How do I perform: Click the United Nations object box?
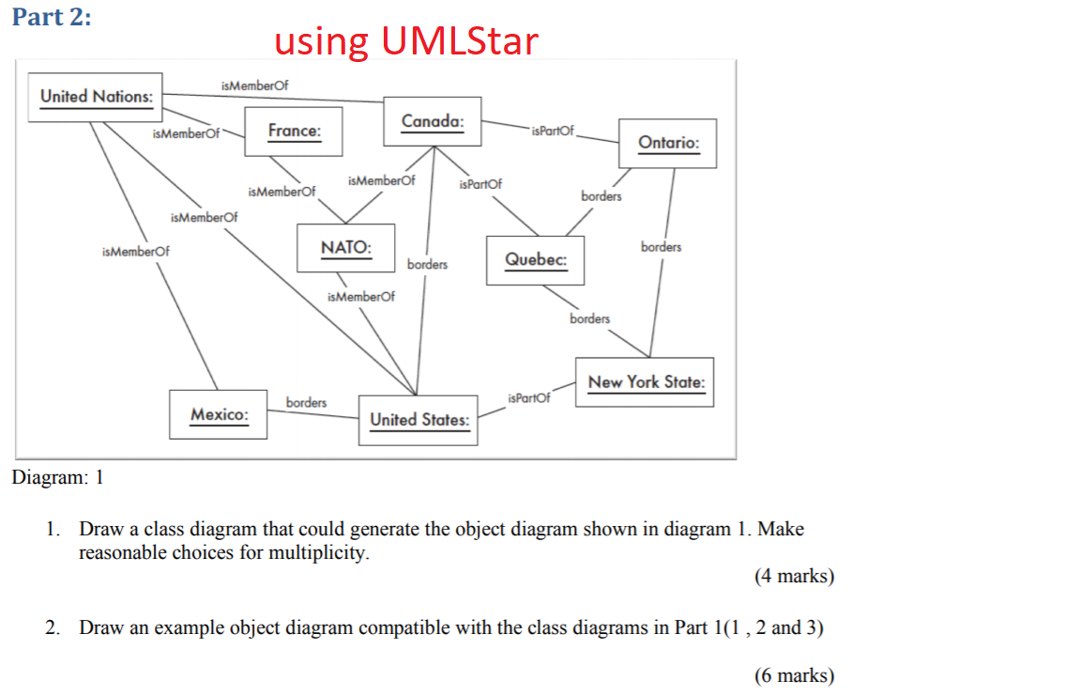tap(95, 98)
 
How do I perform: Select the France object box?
tap(294, 131)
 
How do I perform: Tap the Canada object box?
tap(433, 121)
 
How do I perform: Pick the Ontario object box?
tap(667, 144)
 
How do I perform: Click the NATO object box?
tap(346, 248)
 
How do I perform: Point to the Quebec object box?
tap(535, 260)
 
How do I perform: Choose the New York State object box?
tap(645, 382)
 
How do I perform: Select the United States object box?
tap(419, 420)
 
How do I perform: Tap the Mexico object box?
tap(219, 414)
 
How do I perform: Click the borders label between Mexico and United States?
tap(306, 402)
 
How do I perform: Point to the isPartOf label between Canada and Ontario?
tap(552, 131)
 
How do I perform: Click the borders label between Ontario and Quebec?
tap(601, 196)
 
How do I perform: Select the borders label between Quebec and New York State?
tap(589, 318)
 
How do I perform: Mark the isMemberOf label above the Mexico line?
tap(136, 252)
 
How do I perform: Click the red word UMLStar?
tap(459, 40)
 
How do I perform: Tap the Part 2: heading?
tap(52, 17)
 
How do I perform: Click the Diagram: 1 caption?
tap(58, 477)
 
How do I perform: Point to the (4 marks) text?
tap(794, 576)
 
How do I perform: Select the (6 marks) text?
tap(794, 675)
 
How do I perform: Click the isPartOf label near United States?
tap(529, 398)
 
